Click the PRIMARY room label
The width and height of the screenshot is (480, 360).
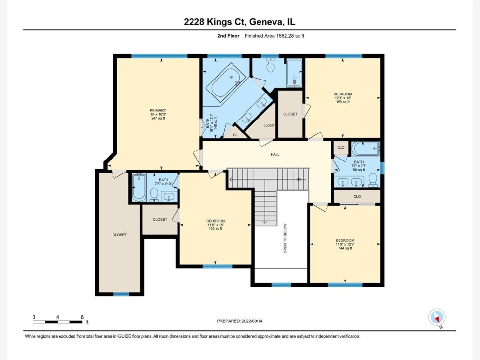(158, 110)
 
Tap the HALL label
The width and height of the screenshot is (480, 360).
(275, 154)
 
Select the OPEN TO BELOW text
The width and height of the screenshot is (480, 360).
(285, 238)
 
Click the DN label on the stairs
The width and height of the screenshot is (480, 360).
(299, 179)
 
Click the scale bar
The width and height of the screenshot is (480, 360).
(58, 322)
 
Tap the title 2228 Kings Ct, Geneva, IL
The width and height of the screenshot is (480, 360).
(240, 22)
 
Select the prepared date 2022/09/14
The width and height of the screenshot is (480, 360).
(252, 321)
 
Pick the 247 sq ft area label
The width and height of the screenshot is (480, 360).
(158, 118)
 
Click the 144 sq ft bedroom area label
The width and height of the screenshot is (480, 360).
(345, 248)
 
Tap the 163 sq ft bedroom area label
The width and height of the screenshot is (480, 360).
(215, 228)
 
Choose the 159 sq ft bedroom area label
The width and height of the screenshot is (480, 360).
(343, 102)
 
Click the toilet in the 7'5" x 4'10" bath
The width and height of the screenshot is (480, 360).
(154, 194)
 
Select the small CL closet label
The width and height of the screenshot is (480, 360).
(235, 135)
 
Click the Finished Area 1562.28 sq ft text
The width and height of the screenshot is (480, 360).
(274, 36)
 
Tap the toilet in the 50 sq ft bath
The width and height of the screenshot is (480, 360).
(373, 180)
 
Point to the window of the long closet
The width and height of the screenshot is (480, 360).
(121, 294)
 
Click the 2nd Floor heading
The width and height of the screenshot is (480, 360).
(228, 36)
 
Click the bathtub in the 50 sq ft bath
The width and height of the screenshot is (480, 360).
(366, 149)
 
